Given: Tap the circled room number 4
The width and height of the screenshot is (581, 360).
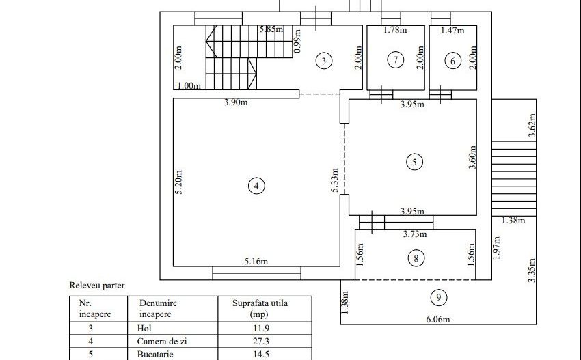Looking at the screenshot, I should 256,186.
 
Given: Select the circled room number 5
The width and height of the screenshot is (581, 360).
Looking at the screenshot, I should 414,162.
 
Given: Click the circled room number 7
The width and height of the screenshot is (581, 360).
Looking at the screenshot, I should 395,60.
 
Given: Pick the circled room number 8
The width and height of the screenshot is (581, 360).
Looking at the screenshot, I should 416,258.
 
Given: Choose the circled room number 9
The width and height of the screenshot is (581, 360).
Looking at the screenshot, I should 438,297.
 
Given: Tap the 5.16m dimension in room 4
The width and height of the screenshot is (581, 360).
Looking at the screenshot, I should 256,260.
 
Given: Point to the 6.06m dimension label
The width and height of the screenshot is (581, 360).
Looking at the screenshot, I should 440,319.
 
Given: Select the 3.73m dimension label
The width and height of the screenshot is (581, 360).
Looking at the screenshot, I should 414,234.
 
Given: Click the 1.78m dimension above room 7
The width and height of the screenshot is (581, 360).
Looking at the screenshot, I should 395,30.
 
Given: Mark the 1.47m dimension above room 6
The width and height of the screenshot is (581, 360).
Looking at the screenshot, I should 452,30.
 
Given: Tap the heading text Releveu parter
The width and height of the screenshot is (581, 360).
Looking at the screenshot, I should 97,286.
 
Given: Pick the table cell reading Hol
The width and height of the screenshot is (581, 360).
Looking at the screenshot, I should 144,328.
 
